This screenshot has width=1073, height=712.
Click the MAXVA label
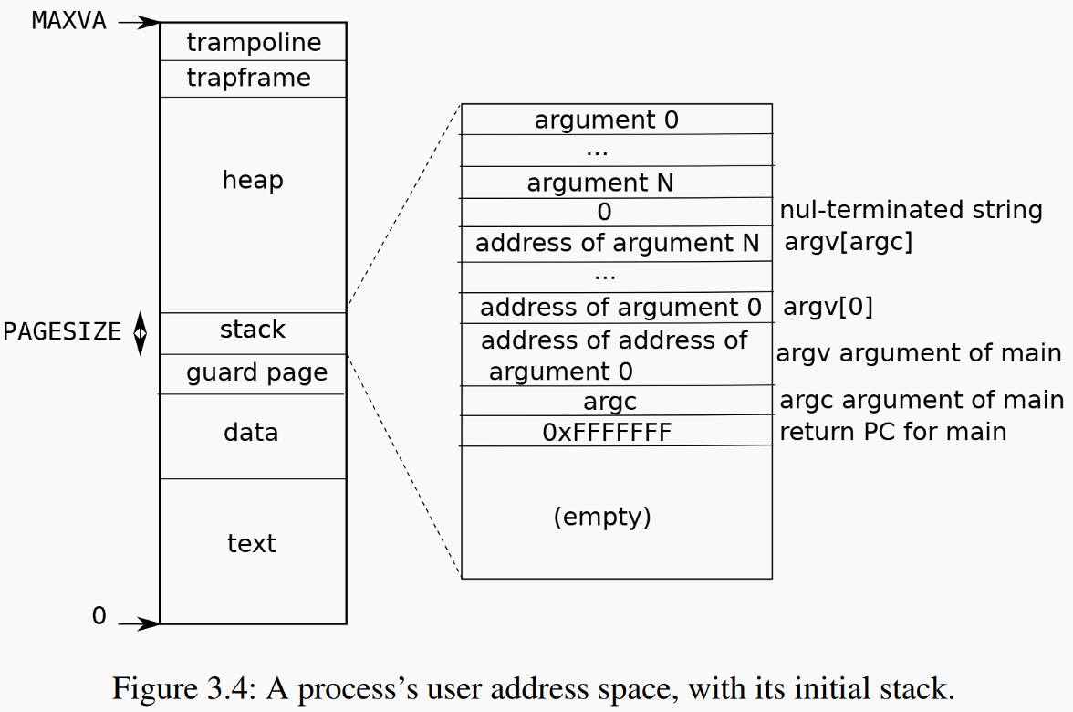point(68,21)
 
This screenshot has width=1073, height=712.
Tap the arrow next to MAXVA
point(138,21)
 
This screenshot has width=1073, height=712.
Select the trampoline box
point(253,42)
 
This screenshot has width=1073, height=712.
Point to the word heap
point(253,180)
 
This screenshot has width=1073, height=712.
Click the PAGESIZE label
point(62,331)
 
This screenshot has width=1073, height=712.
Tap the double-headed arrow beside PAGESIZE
point(140,333)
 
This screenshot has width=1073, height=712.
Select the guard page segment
point(256,373)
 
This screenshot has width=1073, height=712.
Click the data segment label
point(251,432)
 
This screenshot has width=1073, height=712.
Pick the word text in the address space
point(251,544)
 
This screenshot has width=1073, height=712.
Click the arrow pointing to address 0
point(139,624)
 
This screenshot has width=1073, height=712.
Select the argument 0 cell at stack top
point(607,120)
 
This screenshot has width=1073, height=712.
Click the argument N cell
point(600,183)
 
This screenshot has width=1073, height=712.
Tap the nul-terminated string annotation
point(911,210)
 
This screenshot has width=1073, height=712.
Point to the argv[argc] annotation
point(848,244)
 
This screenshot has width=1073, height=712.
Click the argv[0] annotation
point(828,308)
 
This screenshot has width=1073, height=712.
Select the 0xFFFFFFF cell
point(607,432)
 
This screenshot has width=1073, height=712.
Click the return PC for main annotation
point(892,431)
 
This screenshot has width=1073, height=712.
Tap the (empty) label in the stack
point(602,517)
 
